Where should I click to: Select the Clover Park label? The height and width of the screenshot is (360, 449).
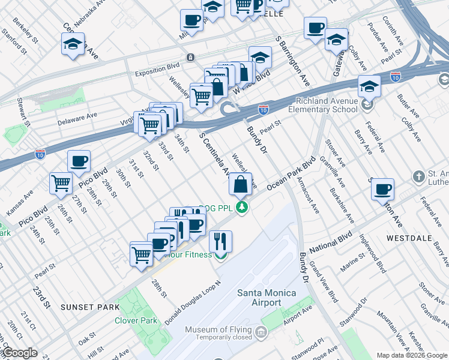[136, 320]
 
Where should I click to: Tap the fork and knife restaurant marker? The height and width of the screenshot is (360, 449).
[220, 241]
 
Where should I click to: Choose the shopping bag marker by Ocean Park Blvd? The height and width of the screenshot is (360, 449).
[240, 184]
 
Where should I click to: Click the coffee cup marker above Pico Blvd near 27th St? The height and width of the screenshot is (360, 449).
[79, 161]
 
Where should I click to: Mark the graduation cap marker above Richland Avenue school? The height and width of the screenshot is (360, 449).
[369, 86]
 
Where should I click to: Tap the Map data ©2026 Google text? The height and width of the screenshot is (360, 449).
[412, 355]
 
